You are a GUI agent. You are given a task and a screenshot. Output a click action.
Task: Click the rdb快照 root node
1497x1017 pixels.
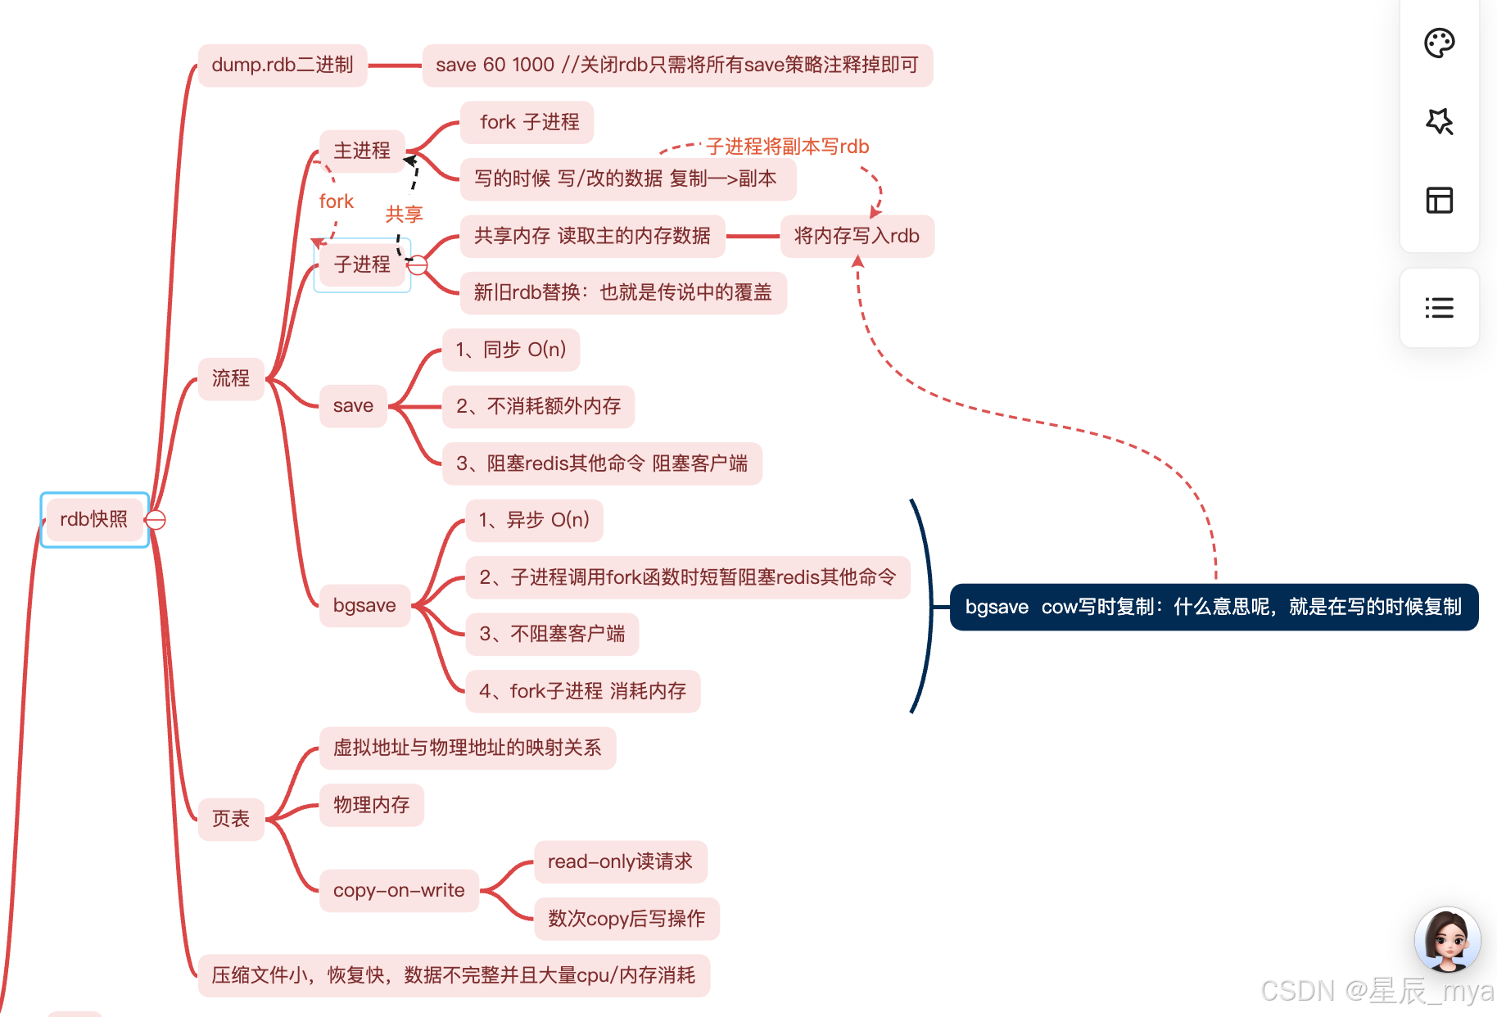click(94, 519)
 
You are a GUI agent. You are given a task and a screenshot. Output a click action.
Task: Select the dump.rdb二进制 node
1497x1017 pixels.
click(282, 65)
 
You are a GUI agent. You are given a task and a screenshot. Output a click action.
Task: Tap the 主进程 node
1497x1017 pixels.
click(362, 151)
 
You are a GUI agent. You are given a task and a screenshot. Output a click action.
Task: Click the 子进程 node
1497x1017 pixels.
click(362, 264)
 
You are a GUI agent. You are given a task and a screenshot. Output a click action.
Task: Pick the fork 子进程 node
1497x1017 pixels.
click(528, 122)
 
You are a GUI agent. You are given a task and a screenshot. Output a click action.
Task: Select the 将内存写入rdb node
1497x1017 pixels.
click(857, 236)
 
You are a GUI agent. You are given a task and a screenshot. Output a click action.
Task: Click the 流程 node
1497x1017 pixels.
click(231, 378)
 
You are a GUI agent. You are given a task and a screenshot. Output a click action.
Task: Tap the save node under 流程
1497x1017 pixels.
click(353, 406)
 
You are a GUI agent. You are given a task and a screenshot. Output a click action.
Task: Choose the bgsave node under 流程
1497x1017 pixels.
click(364, 606)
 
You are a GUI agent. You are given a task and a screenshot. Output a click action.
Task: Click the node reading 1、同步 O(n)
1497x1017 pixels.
click(511, 350)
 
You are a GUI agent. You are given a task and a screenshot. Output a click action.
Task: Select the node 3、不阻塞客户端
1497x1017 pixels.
click(552, 634)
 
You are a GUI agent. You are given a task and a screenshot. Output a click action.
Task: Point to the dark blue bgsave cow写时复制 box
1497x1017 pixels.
click(1213, 607)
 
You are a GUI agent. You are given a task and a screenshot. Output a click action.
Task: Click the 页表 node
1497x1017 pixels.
click(231, 819)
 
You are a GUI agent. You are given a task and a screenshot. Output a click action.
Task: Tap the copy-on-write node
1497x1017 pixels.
click(399, 890)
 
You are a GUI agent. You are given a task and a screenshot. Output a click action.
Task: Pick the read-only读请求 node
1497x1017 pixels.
click(620, 861)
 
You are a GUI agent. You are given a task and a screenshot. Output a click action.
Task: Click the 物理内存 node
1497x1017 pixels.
click(371, 805)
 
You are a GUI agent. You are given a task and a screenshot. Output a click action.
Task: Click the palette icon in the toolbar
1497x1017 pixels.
click(1439, 43)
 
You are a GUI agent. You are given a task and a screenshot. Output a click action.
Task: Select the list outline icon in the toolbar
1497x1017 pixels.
click(1439, 308)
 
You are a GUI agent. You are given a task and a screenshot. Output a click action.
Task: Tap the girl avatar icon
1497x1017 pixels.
click(1447, 939)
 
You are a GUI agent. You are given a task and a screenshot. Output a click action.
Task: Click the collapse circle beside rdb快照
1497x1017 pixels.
click(156, 520)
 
